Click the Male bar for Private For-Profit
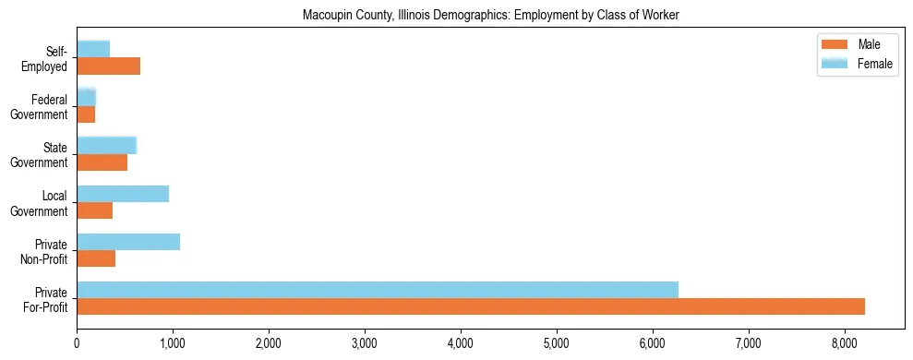pos(471,306)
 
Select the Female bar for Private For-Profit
pos(378,290)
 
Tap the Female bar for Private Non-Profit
pos(128,242)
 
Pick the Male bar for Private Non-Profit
pos(96,258)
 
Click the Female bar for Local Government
pos(123,194)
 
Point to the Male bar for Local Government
pos(95,210)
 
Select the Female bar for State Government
pos(107,145)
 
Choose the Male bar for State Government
pos(102,162)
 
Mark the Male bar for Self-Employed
pos(109,66)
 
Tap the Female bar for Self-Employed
pos(93,49)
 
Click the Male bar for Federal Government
pos(86,114)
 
